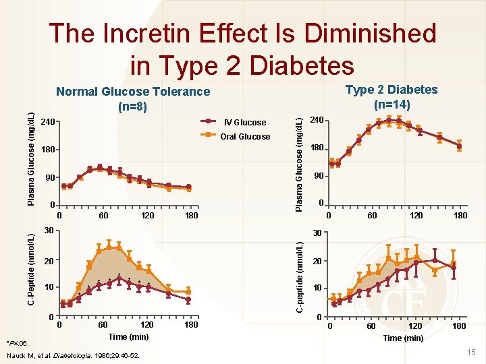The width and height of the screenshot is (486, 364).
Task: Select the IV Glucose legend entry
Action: [x=244, y=122]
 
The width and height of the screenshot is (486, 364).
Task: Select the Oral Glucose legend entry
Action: [x=246, y=137]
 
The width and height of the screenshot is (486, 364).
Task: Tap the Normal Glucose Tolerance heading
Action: [x=133, y=92]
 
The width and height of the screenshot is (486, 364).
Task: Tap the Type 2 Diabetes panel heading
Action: [x=391, y=90]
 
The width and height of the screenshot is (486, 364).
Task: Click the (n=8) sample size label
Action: [x=133, y=107]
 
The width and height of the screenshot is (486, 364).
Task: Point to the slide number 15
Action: [x=471, y=353]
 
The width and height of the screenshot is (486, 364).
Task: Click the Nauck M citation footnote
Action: [x=72, y=355]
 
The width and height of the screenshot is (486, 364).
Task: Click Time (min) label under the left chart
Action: [x=128, y=336]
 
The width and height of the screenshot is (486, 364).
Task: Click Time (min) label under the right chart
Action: [x=403, y=338]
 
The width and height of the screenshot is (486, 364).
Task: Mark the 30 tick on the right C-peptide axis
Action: [x=317, y=234]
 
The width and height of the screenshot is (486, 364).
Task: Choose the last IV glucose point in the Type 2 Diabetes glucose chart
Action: [x=459, y=146]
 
